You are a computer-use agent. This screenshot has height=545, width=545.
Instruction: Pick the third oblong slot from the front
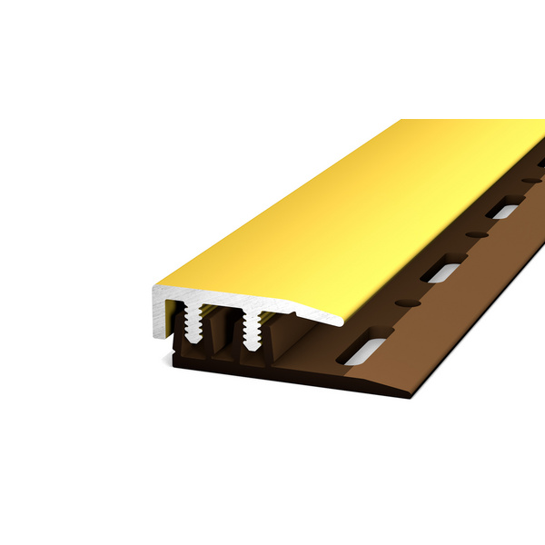click(501, 212)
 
